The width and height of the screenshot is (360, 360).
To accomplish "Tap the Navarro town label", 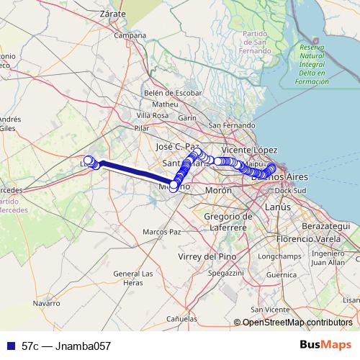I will click(46, 304).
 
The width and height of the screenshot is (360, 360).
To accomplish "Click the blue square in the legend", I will click(10, 346).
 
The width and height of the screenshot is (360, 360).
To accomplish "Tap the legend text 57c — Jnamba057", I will click(66, 346).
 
